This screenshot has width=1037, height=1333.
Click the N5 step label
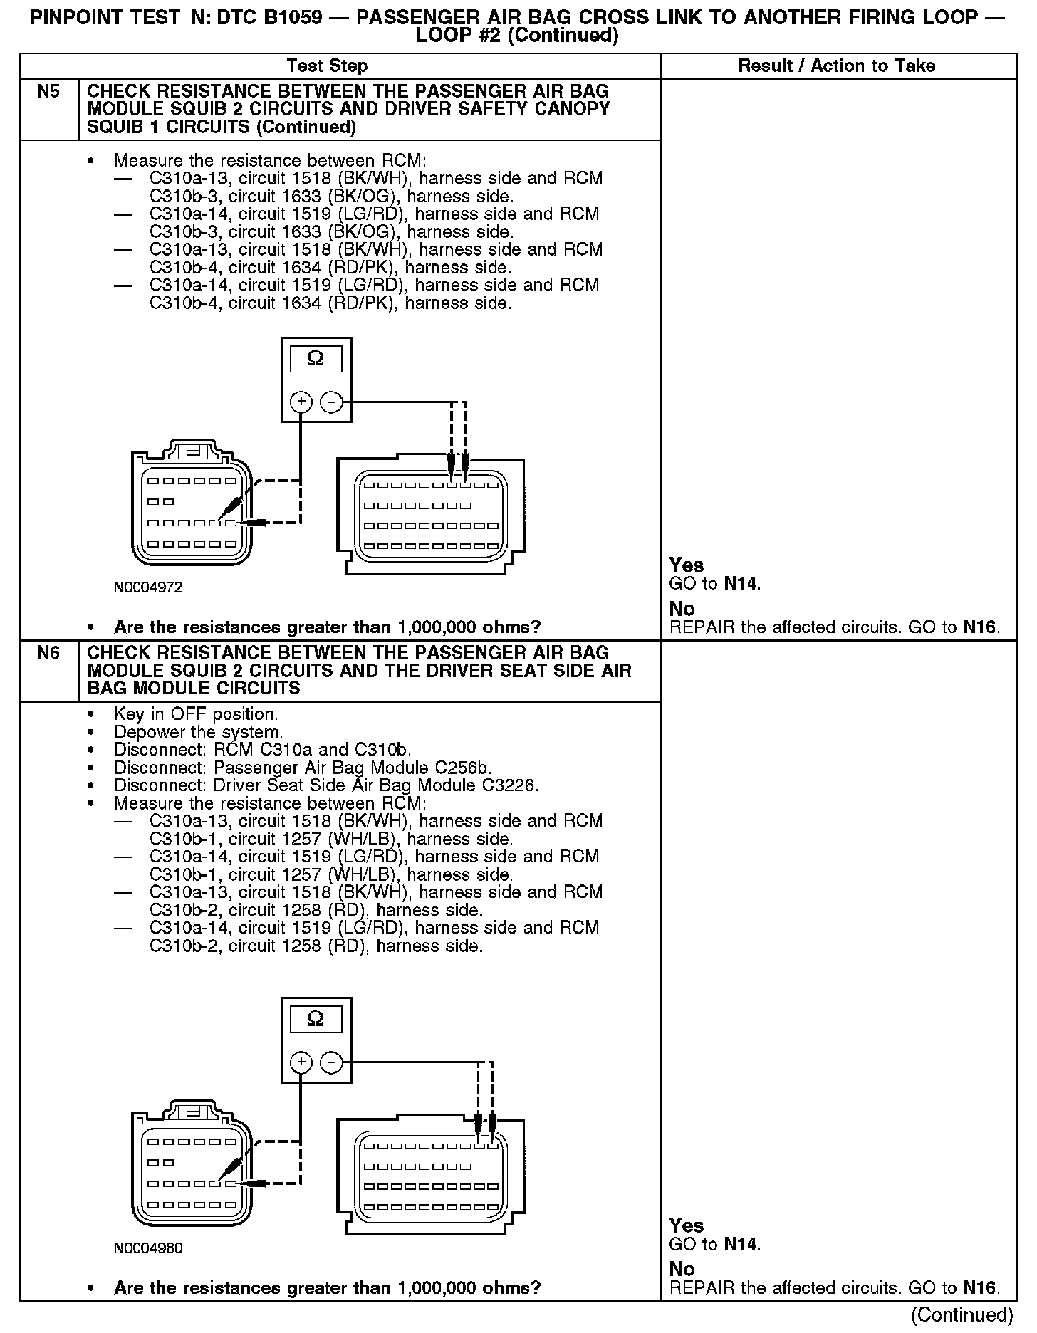[48, 92]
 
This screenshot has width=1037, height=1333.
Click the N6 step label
[48, 653]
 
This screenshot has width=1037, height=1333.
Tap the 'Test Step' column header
[327, 66]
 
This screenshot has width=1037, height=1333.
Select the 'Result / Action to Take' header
[836, 66]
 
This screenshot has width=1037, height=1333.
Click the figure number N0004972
[148, 587]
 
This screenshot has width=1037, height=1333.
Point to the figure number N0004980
[148, 1248]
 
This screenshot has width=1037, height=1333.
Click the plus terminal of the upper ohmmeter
[301, 402]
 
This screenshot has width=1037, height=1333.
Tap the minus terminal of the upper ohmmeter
[331, 402]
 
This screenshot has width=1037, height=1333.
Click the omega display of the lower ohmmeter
[315, 1019]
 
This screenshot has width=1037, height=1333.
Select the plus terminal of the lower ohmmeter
[301, 1062]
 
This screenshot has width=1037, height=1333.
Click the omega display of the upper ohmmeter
[315, 359]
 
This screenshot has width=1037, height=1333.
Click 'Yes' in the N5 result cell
[687, 565]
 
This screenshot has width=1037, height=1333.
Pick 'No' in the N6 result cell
[682, 1269]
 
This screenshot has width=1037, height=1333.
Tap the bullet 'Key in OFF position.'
[196, 714]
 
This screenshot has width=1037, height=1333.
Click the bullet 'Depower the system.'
[199, 732]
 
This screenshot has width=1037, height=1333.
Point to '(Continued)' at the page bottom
[962, 1314]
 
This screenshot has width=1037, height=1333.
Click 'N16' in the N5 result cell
[980, 627]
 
